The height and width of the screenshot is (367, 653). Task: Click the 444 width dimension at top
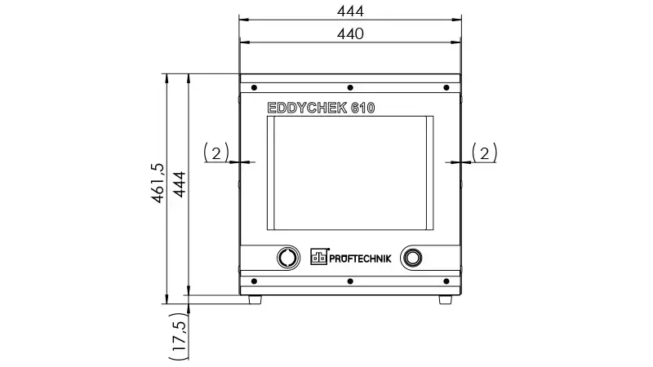(350, 11)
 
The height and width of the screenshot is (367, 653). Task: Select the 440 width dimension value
(350, 33)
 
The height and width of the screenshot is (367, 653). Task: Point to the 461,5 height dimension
(158, 183)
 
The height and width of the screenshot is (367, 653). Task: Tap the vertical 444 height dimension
(180, 184)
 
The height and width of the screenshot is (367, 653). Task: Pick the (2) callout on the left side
(216, 153)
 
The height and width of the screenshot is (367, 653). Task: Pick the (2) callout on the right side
(484, 153)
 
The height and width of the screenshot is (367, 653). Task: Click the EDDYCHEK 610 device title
(321, 108)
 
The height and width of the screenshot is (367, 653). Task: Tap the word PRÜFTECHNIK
(360, 259)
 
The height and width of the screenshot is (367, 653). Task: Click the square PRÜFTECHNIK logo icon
(319, 257)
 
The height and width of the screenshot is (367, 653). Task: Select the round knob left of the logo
(288, 258)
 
